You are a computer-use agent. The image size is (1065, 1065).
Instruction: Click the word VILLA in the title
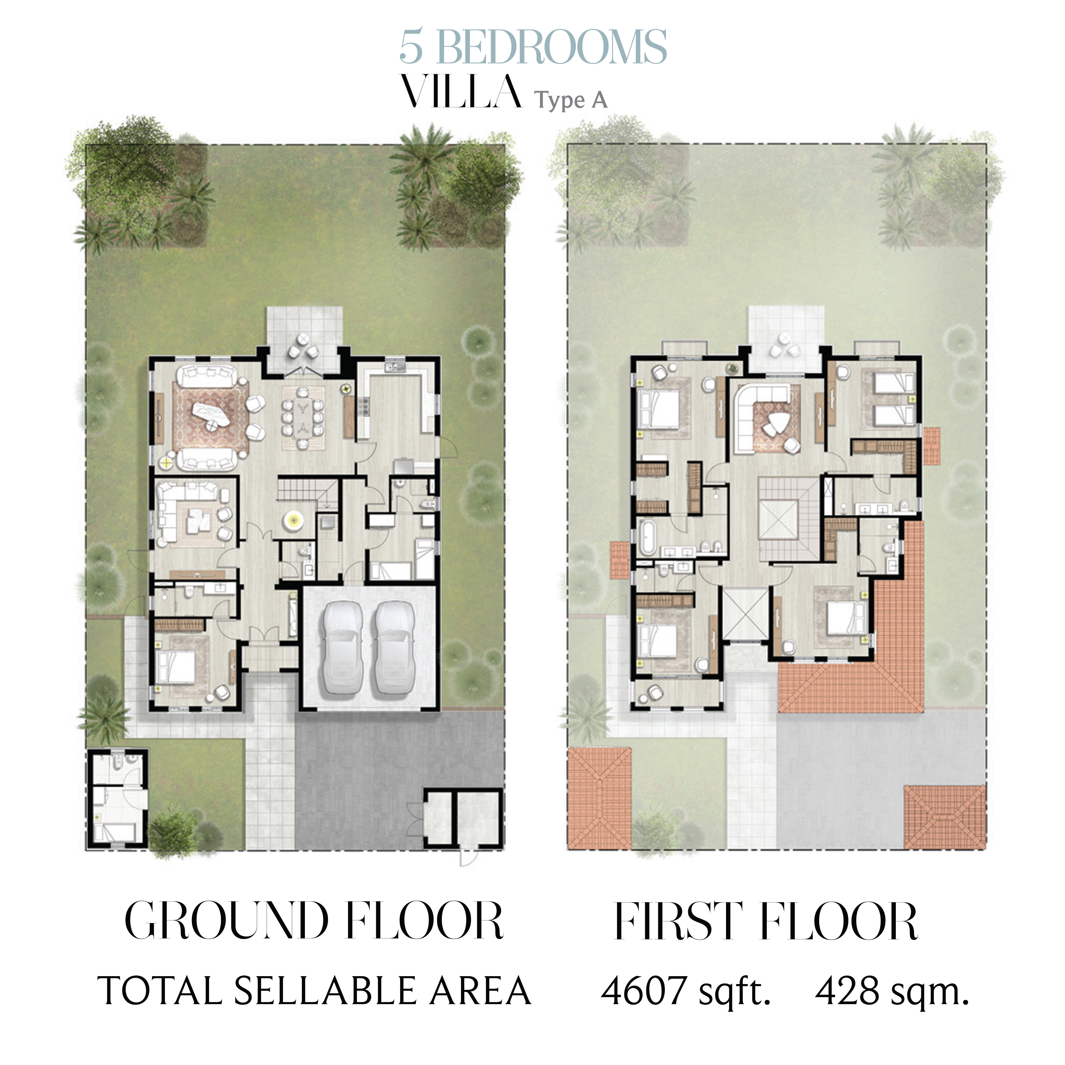[461, 92]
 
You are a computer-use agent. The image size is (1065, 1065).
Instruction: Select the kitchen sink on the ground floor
[395, 366]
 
